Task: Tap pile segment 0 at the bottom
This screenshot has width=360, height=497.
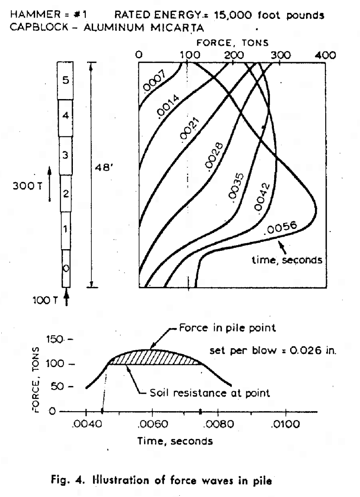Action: tap(66, 268)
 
